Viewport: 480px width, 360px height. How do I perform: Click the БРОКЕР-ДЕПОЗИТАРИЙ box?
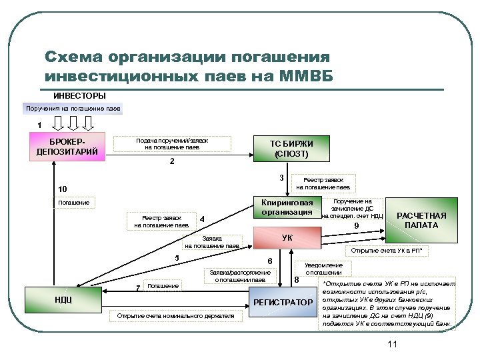(x=63, y=147)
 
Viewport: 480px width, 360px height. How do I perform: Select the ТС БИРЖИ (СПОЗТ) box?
(x=291, y=149)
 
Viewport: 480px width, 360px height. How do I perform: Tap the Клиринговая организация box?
(x=287, y=207)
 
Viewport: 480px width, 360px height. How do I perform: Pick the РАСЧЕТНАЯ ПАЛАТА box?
(x=421, y=220)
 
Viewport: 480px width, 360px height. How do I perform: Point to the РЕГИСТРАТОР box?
(x=283, y=303)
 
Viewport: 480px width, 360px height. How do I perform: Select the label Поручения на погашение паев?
(x=73, y=108)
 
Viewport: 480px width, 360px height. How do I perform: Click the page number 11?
(x=391, y=344)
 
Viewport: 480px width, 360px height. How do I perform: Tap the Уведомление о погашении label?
(x=324, y=269)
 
